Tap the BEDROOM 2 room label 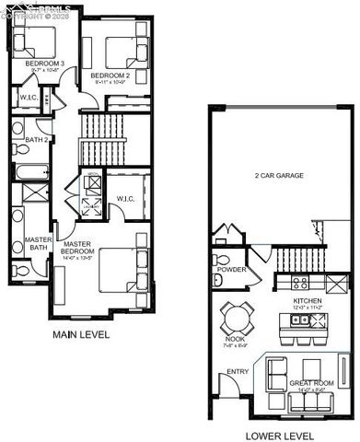pos(110,75)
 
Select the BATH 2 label pos(37,139)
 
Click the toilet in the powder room pos(217,279)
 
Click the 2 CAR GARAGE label pos(279,176)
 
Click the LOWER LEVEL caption pos(280,436)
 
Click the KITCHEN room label pos(308,301)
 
